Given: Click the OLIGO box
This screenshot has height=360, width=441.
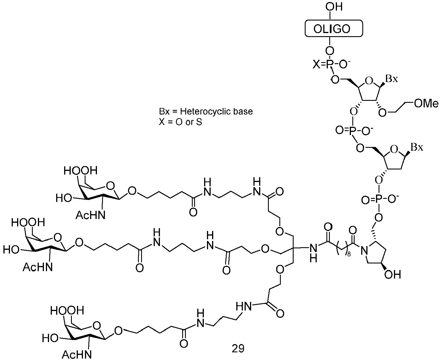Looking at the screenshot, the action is [x=334, y=28].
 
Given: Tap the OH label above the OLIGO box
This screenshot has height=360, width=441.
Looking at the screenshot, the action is [x=334, y=7].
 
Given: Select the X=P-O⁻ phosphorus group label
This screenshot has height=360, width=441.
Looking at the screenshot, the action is [x=332, y=64].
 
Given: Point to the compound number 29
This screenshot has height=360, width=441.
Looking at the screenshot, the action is [x=238, y=348].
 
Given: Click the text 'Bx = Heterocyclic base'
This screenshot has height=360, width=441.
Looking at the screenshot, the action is [x=206, y=111].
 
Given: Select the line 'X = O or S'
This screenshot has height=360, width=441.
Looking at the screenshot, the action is [x=180, y=122].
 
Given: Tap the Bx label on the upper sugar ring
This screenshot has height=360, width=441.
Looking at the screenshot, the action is [x=392, y=79].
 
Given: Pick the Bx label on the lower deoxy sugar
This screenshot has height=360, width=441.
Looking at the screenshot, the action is [x=417, y=147].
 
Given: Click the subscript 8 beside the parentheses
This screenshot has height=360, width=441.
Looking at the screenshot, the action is [x=349, y=254].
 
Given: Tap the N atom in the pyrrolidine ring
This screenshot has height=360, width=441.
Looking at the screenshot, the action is [x=365, y=250].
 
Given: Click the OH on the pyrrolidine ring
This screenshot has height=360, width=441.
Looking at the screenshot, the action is [x=393, y=275].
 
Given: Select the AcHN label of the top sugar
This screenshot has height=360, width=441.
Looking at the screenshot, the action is [x=90, y=215].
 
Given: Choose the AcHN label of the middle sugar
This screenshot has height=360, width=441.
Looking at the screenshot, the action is [x=38, y=267].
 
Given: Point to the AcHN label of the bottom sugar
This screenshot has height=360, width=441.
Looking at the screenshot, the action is [x=77, y=355].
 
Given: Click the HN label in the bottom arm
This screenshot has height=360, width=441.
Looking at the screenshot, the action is [x=244, y=306].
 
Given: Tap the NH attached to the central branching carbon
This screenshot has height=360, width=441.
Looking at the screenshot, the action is [x=313, y=253].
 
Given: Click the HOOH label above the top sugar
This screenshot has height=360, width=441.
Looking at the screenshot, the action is [x=80, y=171].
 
